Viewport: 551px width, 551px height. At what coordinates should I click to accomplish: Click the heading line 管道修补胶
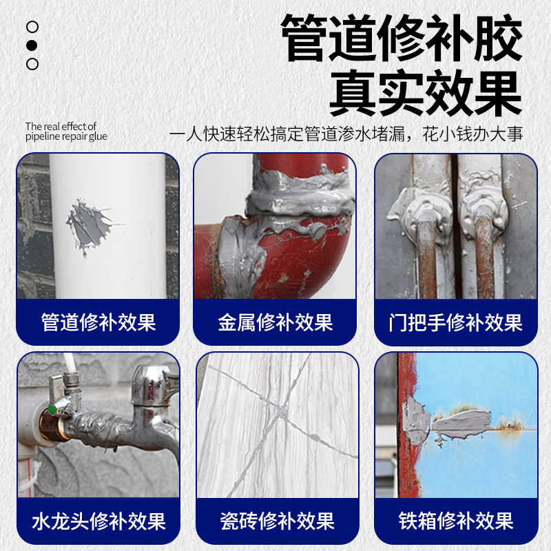(x=401, y=39)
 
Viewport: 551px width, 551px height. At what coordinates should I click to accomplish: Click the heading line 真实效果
(x=425, y=95)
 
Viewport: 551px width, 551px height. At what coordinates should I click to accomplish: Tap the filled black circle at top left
(x=32, y=45)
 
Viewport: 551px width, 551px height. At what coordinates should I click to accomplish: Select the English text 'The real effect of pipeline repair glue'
(x=66, y=132)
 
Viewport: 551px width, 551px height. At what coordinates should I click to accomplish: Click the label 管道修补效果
(x=98, y=322)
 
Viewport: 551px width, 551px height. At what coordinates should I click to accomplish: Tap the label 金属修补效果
(x=275, y=322)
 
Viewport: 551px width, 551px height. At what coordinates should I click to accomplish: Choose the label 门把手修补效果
(x=455, y=322)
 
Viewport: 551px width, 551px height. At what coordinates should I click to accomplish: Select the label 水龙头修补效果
(x=98, y=521)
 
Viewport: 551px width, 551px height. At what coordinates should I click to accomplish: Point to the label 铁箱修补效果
(x=455, y=521)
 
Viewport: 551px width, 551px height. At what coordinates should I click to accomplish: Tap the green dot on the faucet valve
(x=50, y=412)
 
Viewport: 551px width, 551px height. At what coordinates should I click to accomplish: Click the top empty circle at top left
(x=32, y=27)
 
